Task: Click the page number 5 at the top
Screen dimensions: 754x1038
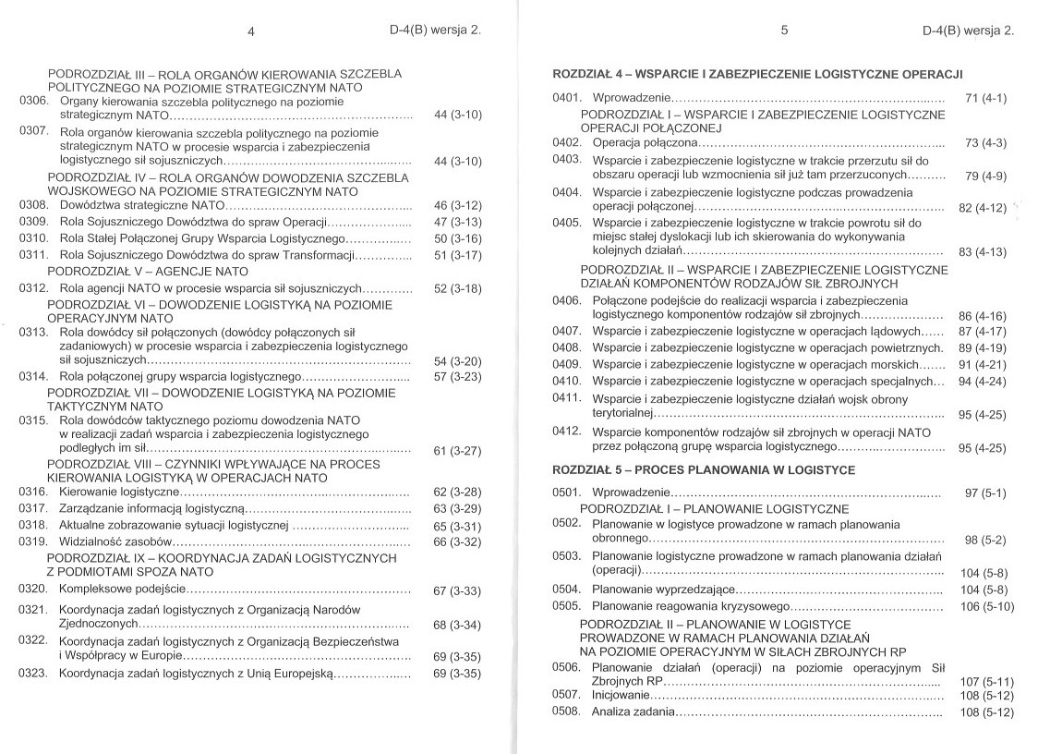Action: coord(784,30)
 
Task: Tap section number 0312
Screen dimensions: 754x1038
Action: coord(33,288)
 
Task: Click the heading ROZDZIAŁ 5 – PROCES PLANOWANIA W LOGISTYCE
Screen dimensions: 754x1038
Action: coord(703,469)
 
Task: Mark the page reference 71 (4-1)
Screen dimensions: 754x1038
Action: coord(985,98)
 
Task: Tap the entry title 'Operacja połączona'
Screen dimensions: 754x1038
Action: coord(645,142)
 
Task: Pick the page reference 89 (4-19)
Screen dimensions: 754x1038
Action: coord(983,347)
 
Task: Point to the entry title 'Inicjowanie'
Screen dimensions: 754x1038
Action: coord(621,694)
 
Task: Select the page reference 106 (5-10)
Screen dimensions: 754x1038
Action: coord(987,606)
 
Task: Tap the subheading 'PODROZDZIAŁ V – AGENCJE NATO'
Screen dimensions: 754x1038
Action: coord(148,272)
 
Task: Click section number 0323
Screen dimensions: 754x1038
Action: coord(33,674)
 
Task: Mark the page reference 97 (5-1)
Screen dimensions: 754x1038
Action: coord(985,493)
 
